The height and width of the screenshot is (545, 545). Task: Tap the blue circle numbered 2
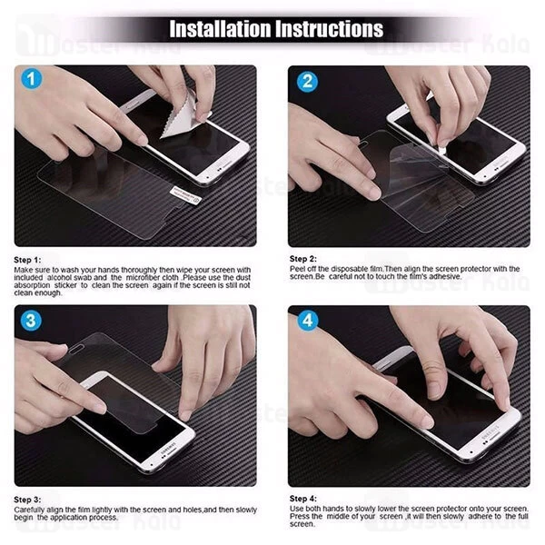[x=306, y=81]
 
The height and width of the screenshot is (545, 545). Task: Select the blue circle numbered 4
[x=306, y=321]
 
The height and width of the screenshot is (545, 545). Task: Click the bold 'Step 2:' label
[x=303, y=259]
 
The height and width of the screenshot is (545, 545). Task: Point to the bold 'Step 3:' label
[x=28, y=500]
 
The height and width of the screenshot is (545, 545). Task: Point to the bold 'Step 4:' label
[x=303, y=499]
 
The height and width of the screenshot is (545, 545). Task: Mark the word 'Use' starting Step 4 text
[x=296, y=509]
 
